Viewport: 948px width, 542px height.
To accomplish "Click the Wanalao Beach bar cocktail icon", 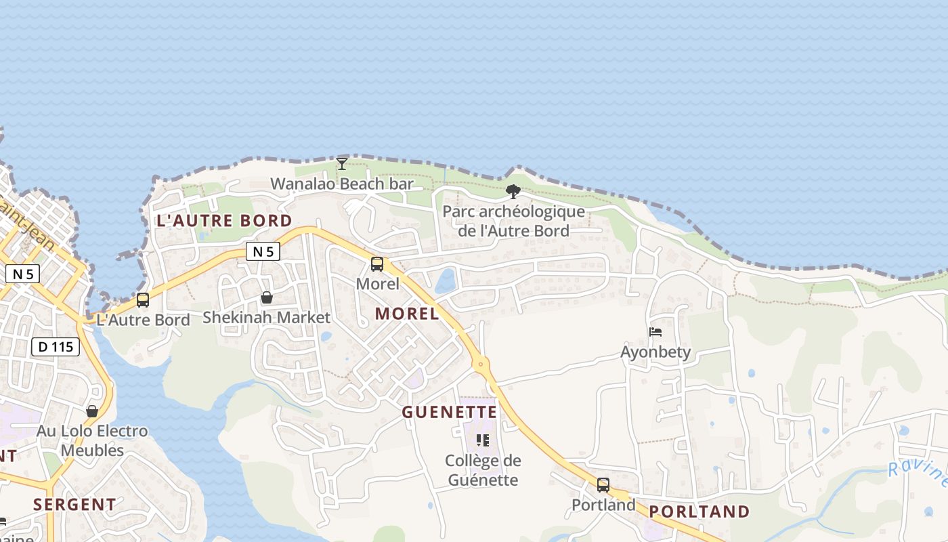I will pos(342,163).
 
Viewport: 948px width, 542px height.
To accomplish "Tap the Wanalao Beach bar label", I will pos(342,184).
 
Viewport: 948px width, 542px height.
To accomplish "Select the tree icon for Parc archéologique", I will pos(513,192).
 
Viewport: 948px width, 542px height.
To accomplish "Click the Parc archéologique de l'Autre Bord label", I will pos(513,221).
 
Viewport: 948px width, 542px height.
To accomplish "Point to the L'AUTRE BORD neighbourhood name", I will pos(224,220).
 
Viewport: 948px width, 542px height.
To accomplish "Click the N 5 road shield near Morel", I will pos(263,251).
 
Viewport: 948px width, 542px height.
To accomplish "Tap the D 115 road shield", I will pos(56,347).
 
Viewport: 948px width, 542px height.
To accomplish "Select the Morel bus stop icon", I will pos(377,264).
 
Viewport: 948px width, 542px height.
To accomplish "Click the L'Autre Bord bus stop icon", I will pos(143,299).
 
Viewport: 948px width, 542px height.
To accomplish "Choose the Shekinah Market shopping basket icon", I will pos(267,297).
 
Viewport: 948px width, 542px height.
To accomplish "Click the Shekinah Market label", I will pos(267,317).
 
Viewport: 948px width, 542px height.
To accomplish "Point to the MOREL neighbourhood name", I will pos(407,313).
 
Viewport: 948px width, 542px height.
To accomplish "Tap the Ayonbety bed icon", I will pos(655,332).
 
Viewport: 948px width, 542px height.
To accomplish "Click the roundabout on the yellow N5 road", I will pos(481,364).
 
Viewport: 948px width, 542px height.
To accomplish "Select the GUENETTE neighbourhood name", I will pos(450,412).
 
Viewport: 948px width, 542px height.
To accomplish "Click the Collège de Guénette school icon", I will pos(483,440).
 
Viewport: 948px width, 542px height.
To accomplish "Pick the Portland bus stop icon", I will pos(603,485).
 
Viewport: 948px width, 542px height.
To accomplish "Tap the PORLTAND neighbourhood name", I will pos(699,512).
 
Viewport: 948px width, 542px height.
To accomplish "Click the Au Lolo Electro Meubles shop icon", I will pos(92,411).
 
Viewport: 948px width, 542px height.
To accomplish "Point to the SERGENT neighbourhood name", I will pos(74,504).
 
